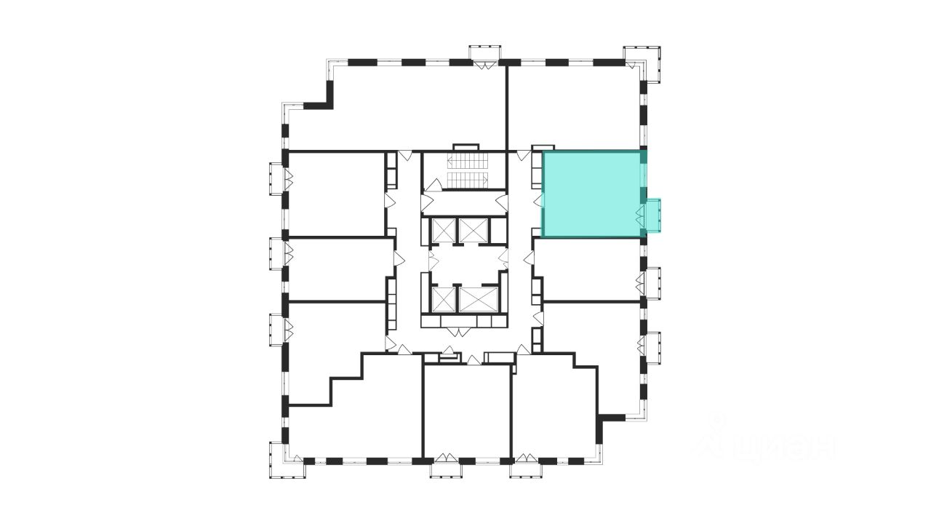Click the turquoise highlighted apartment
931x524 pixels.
pos(591,193)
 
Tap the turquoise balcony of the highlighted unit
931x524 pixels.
pos(654,216)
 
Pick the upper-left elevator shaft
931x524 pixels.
pos(442,230)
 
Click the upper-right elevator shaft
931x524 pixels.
pos(471,230)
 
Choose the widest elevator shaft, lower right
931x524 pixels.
pos(477,298)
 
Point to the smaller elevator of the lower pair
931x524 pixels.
pos(442,298)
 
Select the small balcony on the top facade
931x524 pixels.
pos(484,54)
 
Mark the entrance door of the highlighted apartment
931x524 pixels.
pos(539,202)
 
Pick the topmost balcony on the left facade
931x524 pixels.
pos(277,178)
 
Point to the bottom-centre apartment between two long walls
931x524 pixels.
pos(467,411)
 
